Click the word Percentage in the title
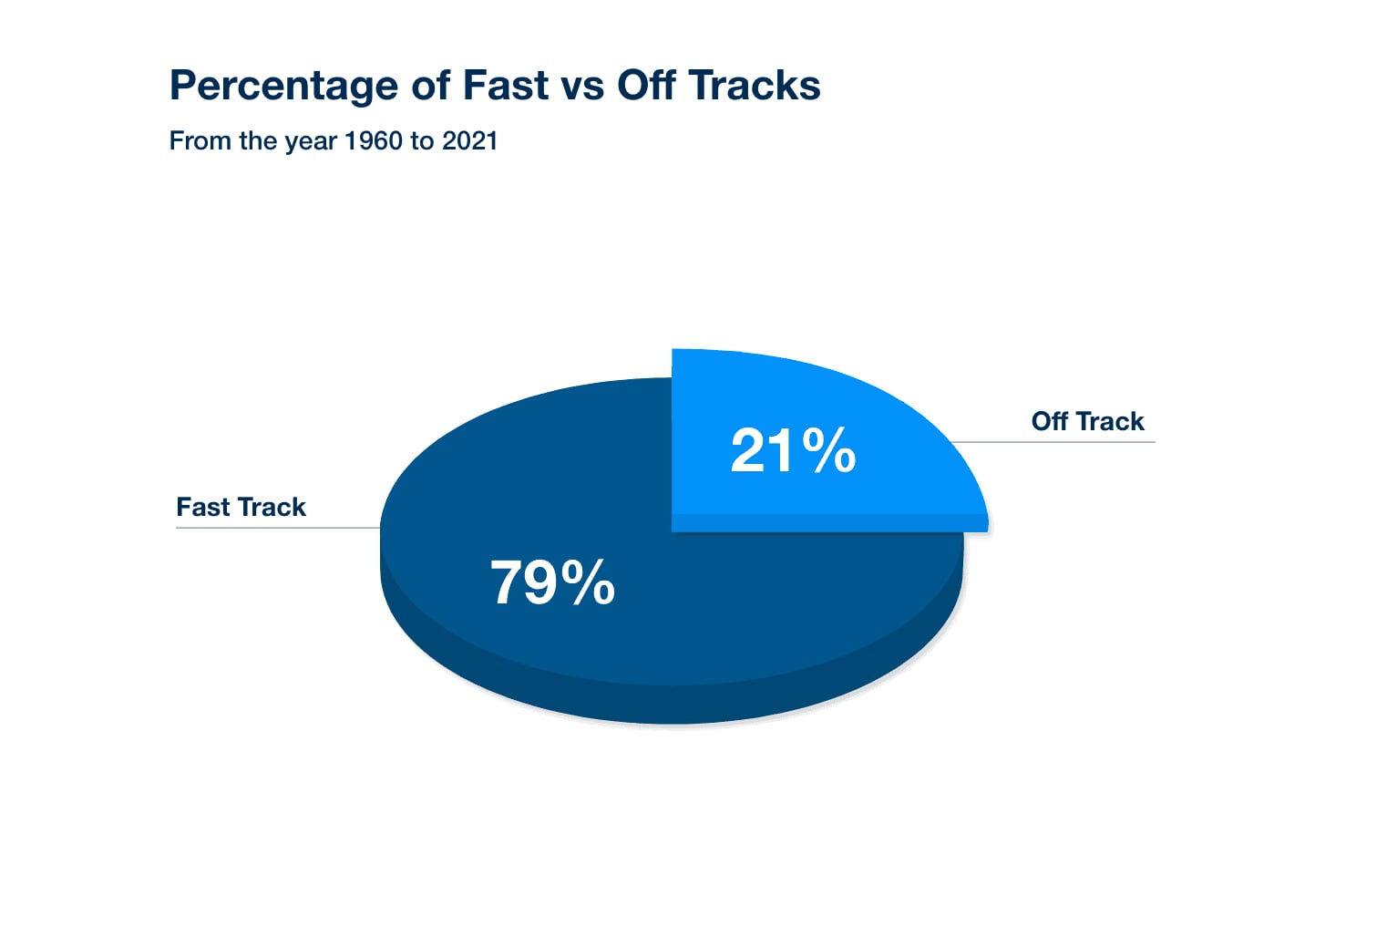click(283, 87)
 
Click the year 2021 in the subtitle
click(469, 140)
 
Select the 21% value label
click(793, 450)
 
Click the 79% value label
click(552, 582)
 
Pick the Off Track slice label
click(1087, 421)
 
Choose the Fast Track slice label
click(241, 507)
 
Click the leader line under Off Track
click(1053, 442)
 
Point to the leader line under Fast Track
click(278, 528)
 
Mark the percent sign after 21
click(829, 450)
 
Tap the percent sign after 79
click(588, 582)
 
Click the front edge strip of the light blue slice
click(829, 522)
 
